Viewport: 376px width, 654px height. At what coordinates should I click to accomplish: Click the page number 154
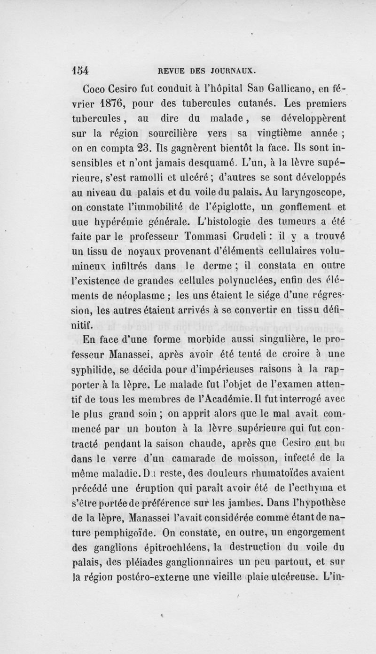click(81, 71)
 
